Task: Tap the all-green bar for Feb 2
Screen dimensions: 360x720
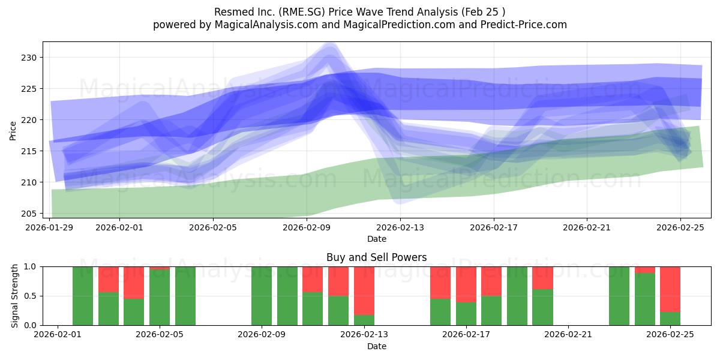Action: click(83, 296)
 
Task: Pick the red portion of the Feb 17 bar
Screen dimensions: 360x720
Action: click(466, 284)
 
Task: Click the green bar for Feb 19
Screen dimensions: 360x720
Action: click(517, 296)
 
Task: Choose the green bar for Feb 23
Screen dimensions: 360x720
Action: click(619, 296)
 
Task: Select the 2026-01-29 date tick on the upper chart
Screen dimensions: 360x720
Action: click(50, 227)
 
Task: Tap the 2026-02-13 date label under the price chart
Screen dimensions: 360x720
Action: click(400, 227)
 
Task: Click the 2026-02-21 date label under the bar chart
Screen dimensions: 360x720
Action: click(568, 335)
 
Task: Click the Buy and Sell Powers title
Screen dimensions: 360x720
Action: click(376, 257)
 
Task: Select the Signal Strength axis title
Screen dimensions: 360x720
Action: click(15, 296)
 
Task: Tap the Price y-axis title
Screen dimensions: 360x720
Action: click(13, 130)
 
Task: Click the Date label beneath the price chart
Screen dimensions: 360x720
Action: click(376, 239)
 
